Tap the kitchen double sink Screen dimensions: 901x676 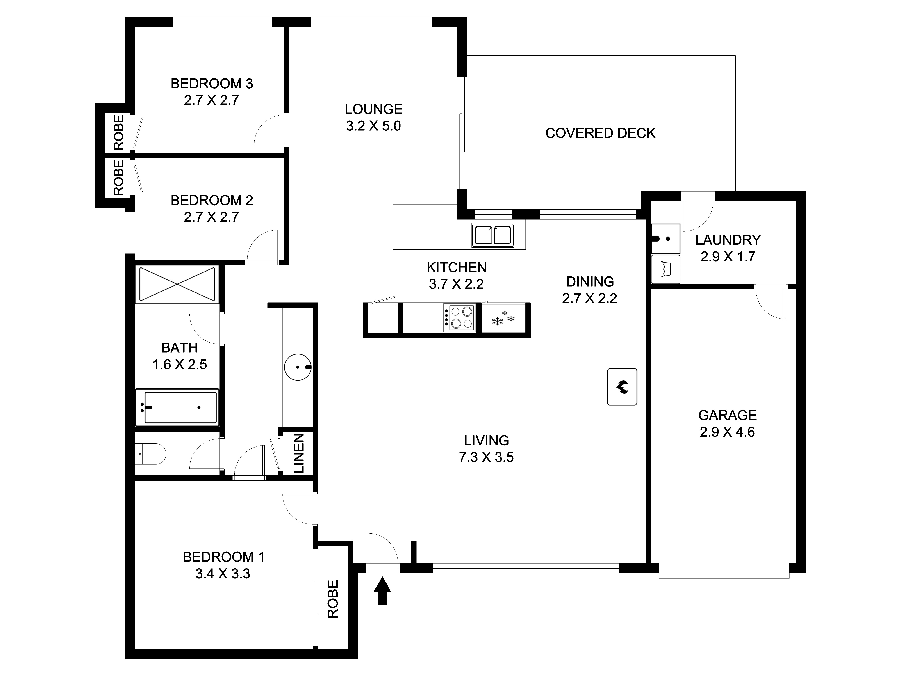coord(493,235)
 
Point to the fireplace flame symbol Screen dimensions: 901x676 coord(622,387)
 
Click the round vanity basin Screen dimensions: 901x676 coord(298,367)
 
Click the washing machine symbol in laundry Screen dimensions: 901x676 coord(666,269)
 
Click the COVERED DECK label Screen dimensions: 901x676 coord(600,133)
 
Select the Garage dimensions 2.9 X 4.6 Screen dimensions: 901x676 coord(728,432)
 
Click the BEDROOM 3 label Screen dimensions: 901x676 coord(212,84)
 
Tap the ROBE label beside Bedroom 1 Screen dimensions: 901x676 coord(333,599)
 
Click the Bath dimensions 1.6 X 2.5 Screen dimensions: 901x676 coord(180,364)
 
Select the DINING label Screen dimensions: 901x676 coord(590,282)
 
